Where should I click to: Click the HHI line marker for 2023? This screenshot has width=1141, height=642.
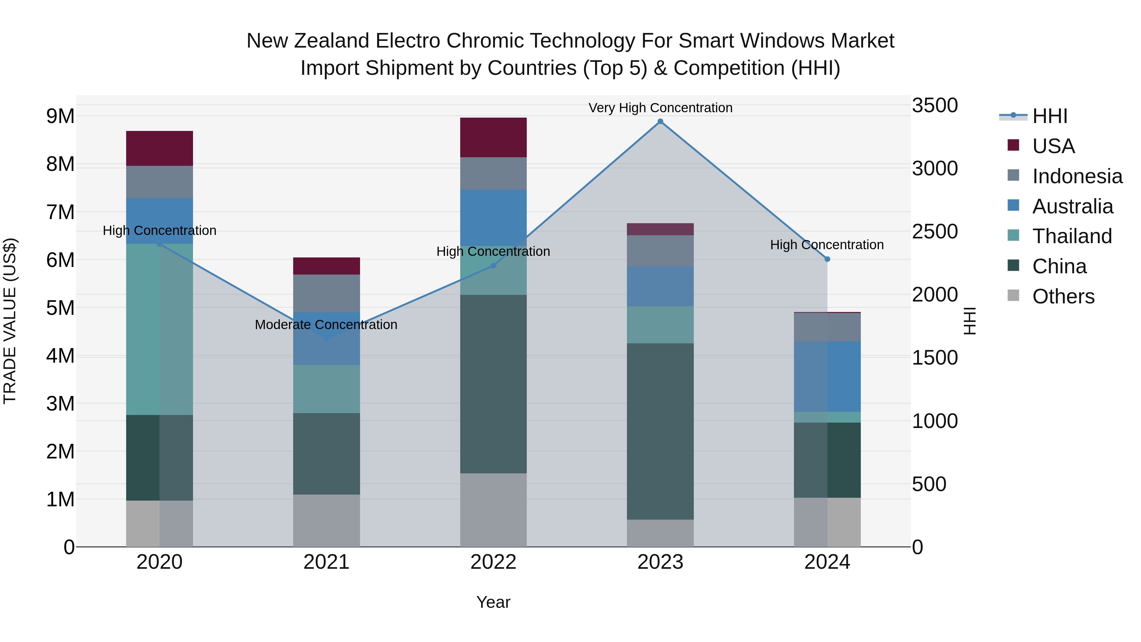(660, 121)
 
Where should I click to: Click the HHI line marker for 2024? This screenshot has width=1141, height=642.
(827, 259)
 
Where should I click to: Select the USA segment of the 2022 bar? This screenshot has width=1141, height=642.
(493, 137)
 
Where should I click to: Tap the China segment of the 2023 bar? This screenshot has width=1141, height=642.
(660, 431)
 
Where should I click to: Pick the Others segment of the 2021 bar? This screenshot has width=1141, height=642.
(326, 521)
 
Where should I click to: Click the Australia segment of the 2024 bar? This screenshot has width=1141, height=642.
(827, 377)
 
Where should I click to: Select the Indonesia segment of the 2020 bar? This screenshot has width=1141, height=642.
(159, 182)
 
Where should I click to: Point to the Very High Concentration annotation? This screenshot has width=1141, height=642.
(660, 108)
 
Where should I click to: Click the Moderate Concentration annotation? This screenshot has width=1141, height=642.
(326, 325)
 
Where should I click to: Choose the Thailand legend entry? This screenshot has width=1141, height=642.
(1072, 236)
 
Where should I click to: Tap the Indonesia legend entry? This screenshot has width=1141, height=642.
(1077, 176)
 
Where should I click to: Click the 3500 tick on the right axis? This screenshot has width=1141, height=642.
(935, 106)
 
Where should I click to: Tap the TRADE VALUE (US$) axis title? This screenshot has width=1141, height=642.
(10, 321)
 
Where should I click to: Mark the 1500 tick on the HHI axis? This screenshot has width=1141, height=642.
(935, 358)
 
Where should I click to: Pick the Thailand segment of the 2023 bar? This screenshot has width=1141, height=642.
(660, 325)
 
